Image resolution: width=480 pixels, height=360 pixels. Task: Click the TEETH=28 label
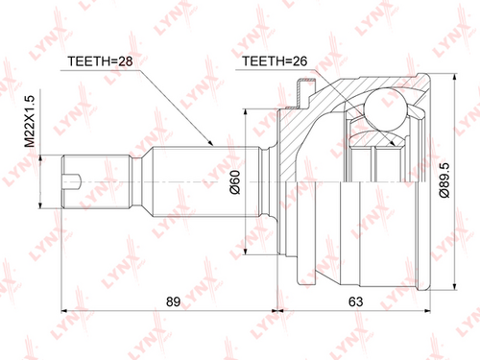tap(100, 61)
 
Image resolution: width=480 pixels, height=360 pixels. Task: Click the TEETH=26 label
tap(275, 60)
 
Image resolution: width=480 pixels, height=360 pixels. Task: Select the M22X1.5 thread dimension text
tap(30, 121)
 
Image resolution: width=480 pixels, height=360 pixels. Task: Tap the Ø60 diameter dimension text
tap(235, 181)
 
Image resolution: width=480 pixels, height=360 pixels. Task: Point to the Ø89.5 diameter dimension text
tap(444, 180)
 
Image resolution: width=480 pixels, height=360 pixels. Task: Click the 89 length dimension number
tap(173, 301)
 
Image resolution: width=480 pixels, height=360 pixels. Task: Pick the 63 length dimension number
tap(355, 301)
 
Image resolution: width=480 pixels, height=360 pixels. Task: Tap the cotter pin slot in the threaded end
tap(72, 181)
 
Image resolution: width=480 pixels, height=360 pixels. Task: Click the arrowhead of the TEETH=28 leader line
tap(210, 143)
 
